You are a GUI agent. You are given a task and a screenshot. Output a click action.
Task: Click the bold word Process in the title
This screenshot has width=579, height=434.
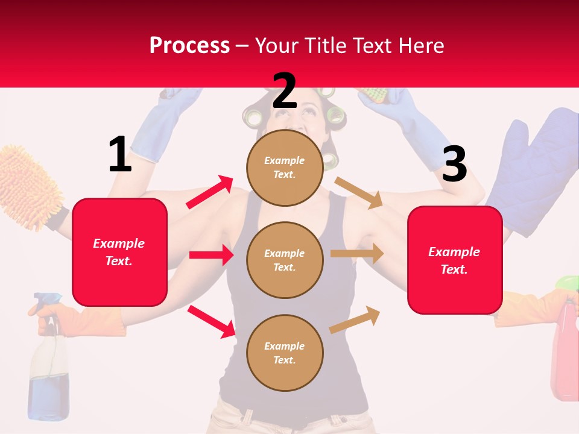tap(189, 45)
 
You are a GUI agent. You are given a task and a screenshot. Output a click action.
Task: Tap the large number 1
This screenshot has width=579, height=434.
tap(120, 154)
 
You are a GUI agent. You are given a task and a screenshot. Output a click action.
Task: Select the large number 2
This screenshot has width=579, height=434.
tap(285, 90)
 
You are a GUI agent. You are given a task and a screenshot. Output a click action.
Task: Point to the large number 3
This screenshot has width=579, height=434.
tap(454, 164)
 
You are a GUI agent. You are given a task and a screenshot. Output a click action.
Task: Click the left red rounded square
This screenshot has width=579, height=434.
tap(119, 252)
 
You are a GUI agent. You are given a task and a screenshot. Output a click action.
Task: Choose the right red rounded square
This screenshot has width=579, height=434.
tap(455, 260)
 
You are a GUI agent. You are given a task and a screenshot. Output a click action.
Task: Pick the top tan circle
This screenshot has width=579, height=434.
tap(285, 168)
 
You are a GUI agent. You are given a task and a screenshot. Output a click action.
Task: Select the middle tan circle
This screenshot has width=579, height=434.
tap(285, 260)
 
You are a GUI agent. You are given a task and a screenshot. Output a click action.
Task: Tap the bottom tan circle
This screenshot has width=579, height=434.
tap(285, 353)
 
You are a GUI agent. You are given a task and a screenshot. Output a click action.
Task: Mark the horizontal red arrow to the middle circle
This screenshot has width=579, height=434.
tap(211, 255)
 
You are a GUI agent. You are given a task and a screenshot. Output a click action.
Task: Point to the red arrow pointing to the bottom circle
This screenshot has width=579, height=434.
tap(212, 321)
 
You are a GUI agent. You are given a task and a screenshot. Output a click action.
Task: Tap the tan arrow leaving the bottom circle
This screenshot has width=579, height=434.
tap(355, 319)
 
